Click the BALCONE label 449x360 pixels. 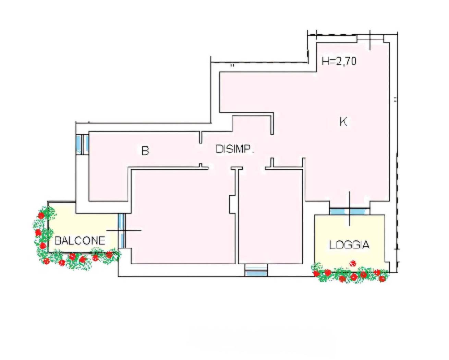click(x=80, y=241)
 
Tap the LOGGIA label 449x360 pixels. click(x=349, y=244)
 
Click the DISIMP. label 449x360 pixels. click(x=235, y=149)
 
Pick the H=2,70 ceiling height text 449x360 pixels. click(x=339, y=61)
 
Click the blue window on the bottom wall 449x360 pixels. click(x=256, y=270)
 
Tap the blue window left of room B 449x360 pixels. click(x=83, y=145)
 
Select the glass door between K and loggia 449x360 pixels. click(x=350, y=211)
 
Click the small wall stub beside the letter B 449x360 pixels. click(x=201, y=137)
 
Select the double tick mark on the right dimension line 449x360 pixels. click(x=395, y=100)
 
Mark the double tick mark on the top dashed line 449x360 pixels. click(x=232, y=65)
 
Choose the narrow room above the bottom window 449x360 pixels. click(x=270, y=217)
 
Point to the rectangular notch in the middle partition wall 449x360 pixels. click(x=232, y=204)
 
